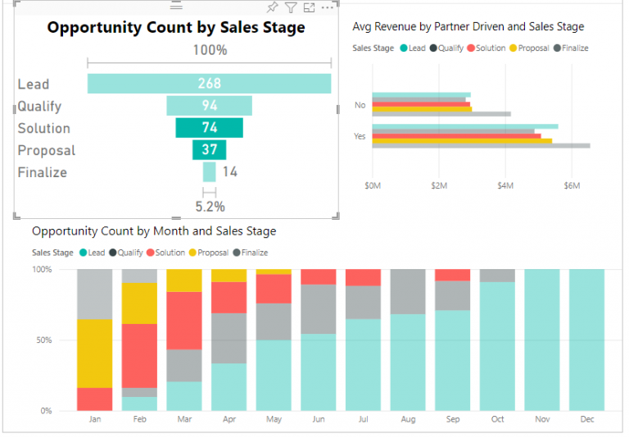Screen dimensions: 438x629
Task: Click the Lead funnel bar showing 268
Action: coord(209,84)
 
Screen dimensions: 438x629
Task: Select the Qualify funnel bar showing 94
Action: coord(209,106)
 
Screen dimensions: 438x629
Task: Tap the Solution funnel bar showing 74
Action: coord(209,128)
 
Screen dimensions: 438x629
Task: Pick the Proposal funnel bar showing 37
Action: coord(209,150)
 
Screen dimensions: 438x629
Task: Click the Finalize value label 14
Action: coord(229,172)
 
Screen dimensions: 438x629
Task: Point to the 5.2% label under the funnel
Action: coord(210,207)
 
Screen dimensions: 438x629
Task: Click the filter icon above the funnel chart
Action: coord(290,7)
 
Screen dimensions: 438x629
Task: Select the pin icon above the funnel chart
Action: coord(272,7)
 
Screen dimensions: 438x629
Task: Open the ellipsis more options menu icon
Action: coord(328,7)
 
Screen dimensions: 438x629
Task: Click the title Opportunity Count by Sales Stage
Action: coord(175,28)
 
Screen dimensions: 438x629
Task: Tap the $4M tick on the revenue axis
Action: coord(505,186)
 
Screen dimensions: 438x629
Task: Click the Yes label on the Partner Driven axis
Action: coord(360,136)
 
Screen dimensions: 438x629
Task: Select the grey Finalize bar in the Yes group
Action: coord(481,146)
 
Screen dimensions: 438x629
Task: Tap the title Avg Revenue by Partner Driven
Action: coord(468,27)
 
